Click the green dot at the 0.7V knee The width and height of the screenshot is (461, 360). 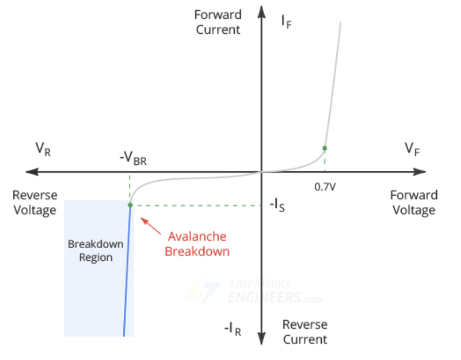[324, 148]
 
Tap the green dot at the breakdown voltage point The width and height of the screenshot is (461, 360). [130, 205]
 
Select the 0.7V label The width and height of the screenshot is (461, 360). [325, 187]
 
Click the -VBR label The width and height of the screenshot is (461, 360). [133, 158]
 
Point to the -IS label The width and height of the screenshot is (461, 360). [277, 205]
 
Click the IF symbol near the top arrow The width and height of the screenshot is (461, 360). [287, 21]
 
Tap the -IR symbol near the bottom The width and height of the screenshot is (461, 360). [233, 329]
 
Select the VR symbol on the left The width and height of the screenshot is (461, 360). [43, 149]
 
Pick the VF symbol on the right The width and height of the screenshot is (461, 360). [412, 149]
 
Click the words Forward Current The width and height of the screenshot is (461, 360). [218, 22]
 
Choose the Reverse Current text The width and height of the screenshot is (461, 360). [305, 332]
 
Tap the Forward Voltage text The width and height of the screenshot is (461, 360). [414, 203]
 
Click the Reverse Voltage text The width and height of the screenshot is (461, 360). [35, 203]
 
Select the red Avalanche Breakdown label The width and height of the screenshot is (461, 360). [197, 244]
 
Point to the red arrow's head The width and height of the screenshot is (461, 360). [143, 220]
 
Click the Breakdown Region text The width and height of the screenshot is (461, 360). [96, 250]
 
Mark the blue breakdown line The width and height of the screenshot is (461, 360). [127, 270]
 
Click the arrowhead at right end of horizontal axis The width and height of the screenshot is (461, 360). [420, 172]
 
